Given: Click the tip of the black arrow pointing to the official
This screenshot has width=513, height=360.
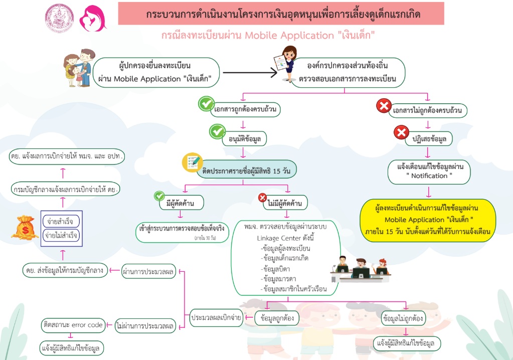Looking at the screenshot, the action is (x=277, y=73).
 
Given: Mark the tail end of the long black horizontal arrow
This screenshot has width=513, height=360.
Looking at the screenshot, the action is (x=223, y=73).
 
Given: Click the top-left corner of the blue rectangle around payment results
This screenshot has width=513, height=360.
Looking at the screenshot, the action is (x=41, y=211).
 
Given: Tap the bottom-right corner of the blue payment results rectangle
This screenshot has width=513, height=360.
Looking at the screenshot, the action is (x=82, y=246).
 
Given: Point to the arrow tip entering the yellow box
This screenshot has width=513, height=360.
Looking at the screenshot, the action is (x=428, y=198).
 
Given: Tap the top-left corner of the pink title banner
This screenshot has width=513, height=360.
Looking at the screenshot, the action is (x=118, y=3).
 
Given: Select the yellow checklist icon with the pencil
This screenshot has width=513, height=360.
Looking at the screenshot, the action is (x=192, y=162).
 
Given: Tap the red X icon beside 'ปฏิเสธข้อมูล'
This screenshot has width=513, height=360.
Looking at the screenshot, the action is (x=401, y=132).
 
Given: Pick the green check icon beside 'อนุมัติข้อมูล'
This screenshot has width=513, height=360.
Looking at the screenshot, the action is (x=217, y=131).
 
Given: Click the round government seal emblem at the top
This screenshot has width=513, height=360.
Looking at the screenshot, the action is (x=59, y=19).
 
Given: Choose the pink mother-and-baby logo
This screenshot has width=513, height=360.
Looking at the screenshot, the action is (x=93, y=19).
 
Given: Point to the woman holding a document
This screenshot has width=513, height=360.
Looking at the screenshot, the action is (x=286, y=64).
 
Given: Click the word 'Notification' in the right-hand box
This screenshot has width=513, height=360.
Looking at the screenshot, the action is (x=429, y=175).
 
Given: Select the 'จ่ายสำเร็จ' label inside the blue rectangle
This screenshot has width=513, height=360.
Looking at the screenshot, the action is (x=60, y=221).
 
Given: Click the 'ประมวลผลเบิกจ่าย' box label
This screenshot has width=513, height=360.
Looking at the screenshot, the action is (x=216, y=317).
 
